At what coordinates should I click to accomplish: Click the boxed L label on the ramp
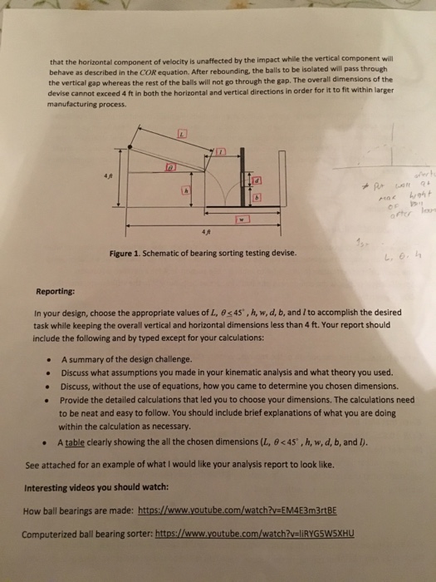(183, 134)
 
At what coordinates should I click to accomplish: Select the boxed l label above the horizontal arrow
(223, 153)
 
